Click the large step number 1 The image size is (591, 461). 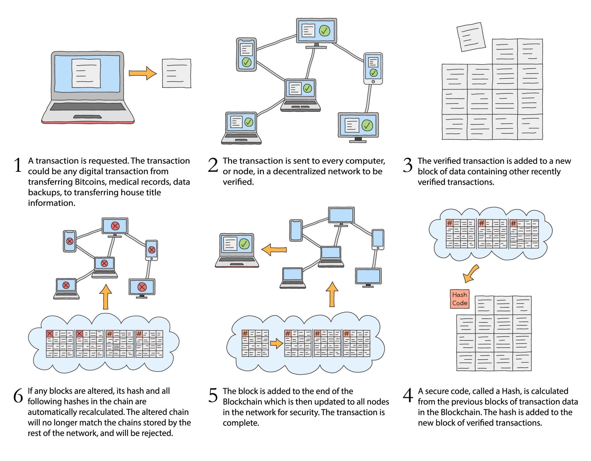tap(18, 165)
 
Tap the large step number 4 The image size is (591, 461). tap(408, 395)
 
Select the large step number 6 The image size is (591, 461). tap(18, 395)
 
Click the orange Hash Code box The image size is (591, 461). tap(459, 299)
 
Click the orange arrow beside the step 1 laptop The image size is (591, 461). tap(143, 73)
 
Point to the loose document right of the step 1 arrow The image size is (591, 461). tap(177, 73)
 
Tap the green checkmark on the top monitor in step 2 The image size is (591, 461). tap(325, 30)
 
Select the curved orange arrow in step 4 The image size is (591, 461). tap(470, 274)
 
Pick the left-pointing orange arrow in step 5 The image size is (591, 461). tap(274, 249)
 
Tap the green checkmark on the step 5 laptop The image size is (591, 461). tap(244, 244)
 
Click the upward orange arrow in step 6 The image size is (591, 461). tap(106, 297)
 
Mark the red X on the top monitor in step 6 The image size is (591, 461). tap(115, 226)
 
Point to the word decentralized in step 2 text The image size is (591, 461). tap(302, 171)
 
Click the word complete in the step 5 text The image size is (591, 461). tap(241, 423)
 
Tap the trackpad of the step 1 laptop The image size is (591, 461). tap(87, 117)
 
